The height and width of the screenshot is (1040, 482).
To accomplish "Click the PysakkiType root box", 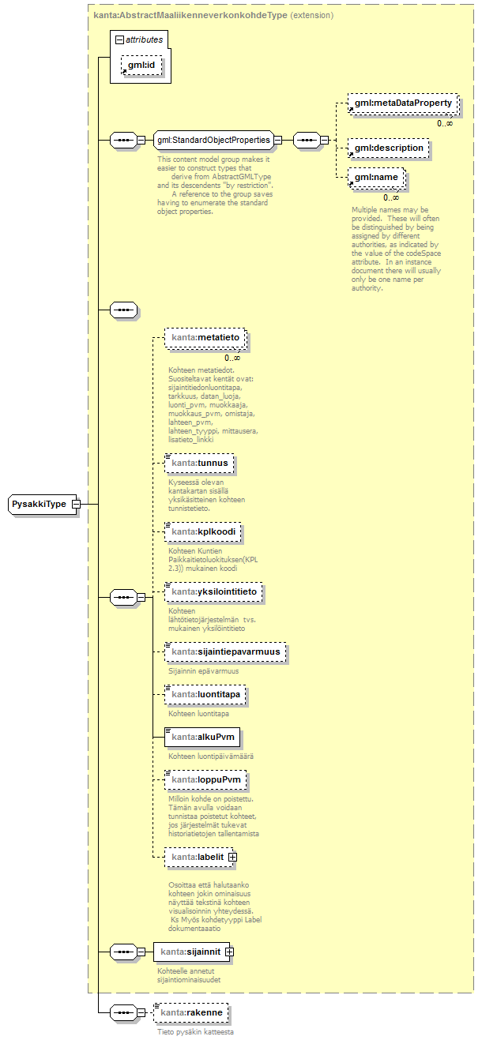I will coord(40,504).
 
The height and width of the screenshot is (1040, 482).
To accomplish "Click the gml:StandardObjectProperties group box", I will coord(212,141).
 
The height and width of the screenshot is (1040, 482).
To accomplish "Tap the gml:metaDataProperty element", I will coord(403,103).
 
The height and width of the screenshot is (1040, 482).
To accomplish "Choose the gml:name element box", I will coord(377,178).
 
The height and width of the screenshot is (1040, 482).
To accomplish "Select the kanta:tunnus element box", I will coord(200,463).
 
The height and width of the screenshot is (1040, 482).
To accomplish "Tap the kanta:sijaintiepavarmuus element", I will coord(226,651).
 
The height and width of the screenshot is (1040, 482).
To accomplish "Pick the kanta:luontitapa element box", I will coord(205,694).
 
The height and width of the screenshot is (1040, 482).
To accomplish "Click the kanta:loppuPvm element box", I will coord(205,779).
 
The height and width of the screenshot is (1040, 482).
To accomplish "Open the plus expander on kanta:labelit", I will coord(233,857).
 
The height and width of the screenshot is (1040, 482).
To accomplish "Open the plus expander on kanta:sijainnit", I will coord(229,952).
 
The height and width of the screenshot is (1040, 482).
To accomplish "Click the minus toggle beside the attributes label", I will coord(119,39).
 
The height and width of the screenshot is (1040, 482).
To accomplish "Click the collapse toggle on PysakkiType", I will coord(76,504).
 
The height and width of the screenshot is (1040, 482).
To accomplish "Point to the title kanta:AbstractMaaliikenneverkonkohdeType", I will coord(190,15).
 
